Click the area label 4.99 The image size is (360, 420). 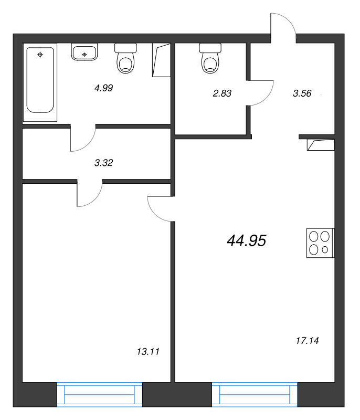[x=103, y=88]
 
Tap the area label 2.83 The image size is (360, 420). [x=222, y=93]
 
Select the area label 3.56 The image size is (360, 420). [x=302, y=93]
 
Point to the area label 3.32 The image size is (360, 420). [x=103, y=163]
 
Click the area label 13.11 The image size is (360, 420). [x=148, y=351]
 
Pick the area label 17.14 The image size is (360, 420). [x=308, y=341]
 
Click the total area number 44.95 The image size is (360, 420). [x=247, y=240]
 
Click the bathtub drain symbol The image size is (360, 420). [x=40, y=55]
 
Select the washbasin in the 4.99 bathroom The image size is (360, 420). [x=84, y=51]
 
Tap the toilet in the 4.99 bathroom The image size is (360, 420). [x=125, y=58]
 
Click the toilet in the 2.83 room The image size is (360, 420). [x=210, y=58]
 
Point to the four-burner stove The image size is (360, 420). [x=320, y=243]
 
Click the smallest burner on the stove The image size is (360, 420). [x=325, y=250]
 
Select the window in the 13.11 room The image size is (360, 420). [x=99, y=395]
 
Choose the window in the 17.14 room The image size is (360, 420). [x=255, y=395]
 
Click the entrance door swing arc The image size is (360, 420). [x=289, y=20]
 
